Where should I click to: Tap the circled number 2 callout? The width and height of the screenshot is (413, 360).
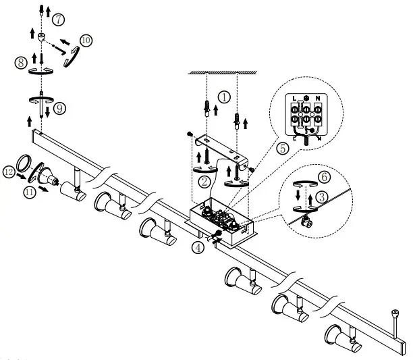[x=204, y=181]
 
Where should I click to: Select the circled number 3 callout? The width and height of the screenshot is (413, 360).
[x=323, y=196]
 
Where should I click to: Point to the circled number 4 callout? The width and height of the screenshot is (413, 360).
[x=196, y=247]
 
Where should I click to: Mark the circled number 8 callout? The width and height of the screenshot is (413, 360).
[x=21, y=63]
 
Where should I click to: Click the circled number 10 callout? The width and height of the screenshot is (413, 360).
[x=84, y=41]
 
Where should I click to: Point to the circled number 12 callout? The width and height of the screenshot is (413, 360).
[x=9, y=172]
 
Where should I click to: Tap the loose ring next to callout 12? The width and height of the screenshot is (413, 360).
[x=24, y=163]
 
